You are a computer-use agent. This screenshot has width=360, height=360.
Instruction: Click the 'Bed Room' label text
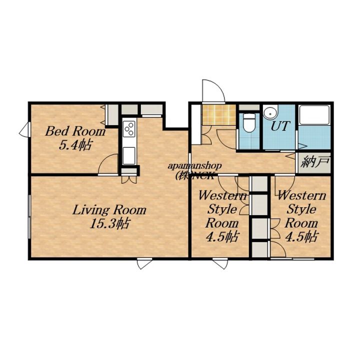coord(75,131)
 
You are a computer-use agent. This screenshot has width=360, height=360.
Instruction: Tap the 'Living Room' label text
coord(109,210)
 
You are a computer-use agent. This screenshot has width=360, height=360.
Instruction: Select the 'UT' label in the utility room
coord(280,126)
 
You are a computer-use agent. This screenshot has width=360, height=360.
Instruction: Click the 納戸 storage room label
coord(315,162)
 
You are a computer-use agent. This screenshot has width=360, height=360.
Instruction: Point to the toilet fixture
coord(249,123)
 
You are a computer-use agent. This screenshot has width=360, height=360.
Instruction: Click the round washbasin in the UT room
coord(270,112)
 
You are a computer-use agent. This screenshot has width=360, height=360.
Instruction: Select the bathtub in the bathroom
coord(314,115)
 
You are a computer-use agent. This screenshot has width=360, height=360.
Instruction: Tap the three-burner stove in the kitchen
coord(129,129)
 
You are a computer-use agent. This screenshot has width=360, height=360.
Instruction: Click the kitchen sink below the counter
coord(129,155)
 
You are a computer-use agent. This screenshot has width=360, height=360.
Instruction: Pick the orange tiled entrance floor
coord(219,115)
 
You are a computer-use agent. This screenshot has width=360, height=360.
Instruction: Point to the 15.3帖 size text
coord(110,223)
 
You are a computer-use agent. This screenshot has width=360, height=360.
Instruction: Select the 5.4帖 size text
coord(75,145)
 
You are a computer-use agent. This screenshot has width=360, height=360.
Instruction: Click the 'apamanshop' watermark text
coord(194,166)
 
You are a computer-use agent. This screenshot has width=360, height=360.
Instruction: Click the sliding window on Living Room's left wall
coord(29,217)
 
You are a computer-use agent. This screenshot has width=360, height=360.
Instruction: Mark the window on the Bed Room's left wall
coord(25,129)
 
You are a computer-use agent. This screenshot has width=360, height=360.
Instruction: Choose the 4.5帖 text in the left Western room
coord(222,236)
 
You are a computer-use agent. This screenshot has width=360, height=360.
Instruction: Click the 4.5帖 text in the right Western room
coord(301,236)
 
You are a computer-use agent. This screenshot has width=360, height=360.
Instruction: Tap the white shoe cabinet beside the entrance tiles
coord(196,124)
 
